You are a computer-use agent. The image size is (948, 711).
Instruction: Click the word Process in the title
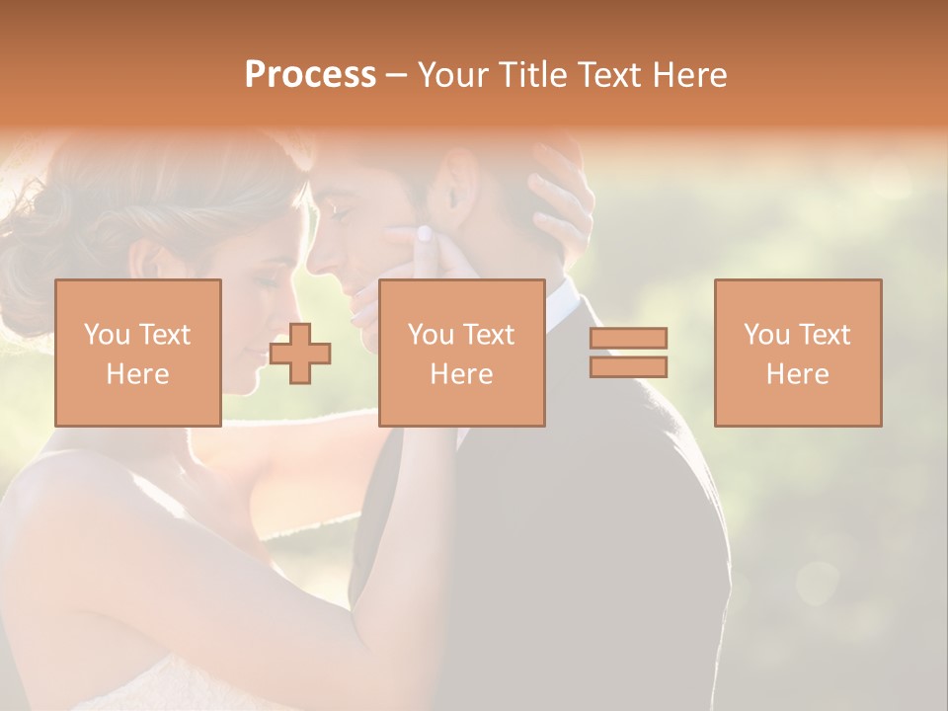pyautogui.click(x=310, y=75)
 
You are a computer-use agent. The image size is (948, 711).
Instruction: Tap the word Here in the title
pyautogui.click(x=689, y=75)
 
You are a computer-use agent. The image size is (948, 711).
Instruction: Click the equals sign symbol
pyautogui.click(x=628, y=353)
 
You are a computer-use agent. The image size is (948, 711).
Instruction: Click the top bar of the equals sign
pyautogui.click(x=628, y=338)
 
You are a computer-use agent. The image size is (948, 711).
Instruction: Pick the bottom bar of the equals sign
pyautogui.click(x=628, y=367)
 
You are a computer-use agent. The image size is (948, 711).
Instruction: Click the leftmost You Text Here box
pyautogui.click(x=138, y=353)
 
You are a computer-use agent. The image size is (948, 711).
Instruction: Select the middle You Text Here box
pyautogui.click(x=461, y=353)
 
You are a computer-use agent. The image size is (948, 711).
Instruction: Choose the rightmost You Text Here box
pyautogui.click(x=798, y=353)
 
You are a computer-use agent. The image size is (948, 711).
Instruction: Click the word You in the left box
pyautogui.click(x=105, y=335)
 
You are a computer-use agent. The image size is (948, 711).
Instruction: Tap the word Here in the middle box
pyautogui.click(x=461, y=373)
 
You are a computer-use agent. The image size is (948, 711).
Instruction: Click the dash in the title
pyautogui.click(x=396, y=76)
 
